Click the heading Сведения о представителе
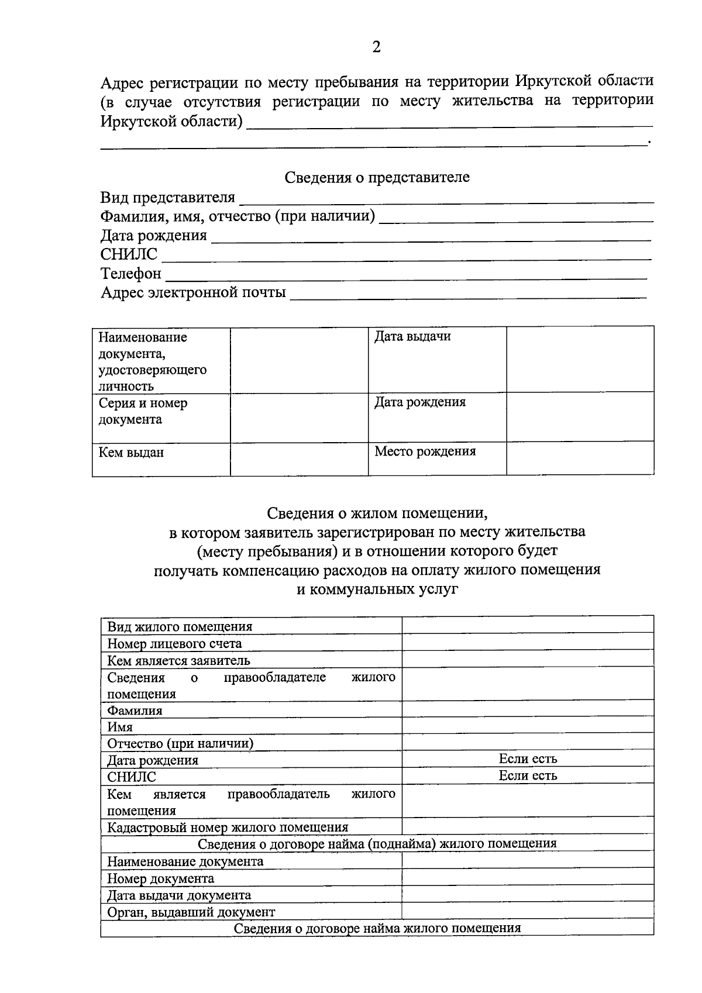pos(377,177)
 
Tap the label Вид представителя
pos(167,198)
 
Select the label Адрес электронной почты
pos(193,292)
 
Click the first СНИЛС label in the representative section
pos(129,254)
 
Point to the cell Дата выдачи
pos(412,337)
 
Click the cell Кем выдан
pos(131,453)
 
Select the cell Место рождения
pos(425,451)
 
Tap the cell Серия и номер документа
pos(143,411)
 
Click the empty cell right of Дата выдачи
pos(579,359)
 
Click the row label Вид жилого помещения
pos(180,627)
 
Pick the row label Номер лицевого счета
pos(174,644)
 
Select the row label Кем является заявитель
pos(178,661)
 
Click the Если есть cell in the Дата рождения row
pos(528,759)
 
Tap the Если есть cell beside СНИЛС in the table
pos(528,776)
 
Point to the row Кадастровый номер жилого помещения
pos(228,828)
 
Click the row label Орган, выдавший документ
pos(191,912)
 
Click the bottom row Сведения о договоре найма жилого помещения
pos(377,929)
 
